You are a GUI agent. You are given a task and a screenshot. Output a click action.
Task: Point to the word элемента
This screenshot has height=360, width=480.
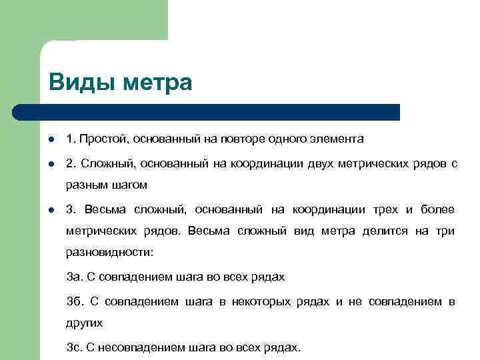(x=335, y=139)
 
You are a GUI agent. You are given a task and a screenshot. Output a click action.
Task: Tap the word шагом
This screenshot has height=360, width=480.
(x=130, y=185)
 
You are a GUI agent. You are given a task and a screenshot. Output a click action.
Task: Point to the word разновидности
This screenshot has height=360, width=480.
(x=109, y=253)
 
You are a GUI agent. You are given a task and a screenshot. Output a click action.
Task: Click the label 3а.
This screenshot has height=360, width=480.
(x=73, y=276)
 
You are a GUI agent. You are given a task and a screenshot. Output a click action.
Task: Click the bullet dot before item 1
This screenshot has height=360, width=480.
(x=51, y=140)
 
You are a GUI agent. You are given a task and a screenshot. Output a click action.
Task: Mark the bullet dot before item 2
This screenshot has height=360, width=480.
(x=51, y=164)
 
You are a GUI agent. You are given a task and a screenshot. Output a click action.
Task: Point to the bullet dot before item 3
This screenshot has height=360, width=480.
(x=51, y=211)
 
